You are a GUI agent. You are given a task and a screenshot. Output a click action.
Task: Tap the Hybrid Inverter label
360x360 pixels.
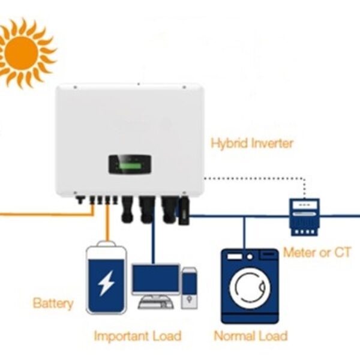pyautogui.click(x=252, y=143)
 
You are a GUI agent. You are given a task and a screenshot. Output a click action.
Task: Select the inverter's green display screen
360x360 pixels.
pyautogui.click(x=130, y=163)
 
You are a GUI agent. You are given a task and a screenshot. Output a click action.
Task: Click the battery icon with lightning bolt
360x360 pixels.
pyautogui.click(x=106, y=278)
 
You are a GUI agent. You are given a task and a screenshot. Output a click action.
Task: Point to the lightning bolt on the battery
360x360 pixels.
pyautogui.click(x=106, y=282)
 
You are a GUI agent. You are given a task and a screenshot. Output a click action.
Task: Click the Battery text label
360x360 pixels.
pyautogui.click(x=53, y=303)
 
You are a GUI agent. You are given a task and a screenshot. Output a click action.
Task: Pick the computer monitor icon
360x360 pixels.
pyautogui.click(x=155, y=280)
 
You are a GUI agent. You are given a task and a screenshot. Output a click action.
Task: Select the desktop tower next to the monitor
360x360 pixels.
pyautogui.click(x=189, y=288)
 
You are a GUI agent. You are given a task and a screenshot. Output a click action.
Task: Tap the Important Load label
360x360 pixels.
pyautogui.click(x=137, y=336)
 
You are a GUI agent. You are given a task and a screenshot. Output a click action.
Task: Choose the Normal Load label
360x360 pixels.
pyautogui.click(x=250, y=336)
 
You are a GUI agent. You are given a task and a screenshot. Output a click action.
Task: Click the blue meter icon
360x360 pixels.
pyautogui.click(x=304, y=215)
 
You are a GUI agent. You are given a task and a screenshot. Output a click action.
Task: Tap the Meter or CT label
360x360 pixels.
pyautogui.click(x=317, y=252)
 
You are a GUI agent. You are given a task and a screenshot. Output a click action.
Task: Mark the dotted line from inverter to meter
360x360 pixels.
pyautogui.click(x=252, y=178)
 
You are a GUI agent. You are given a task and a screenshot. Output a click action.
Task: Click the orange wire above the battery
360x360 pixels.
pyautogui.click(x=107, y=228)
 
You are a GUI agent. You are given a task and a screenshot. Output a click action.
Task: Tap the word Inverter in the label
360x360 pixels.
pyautogui.click(x=273, y=143)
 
